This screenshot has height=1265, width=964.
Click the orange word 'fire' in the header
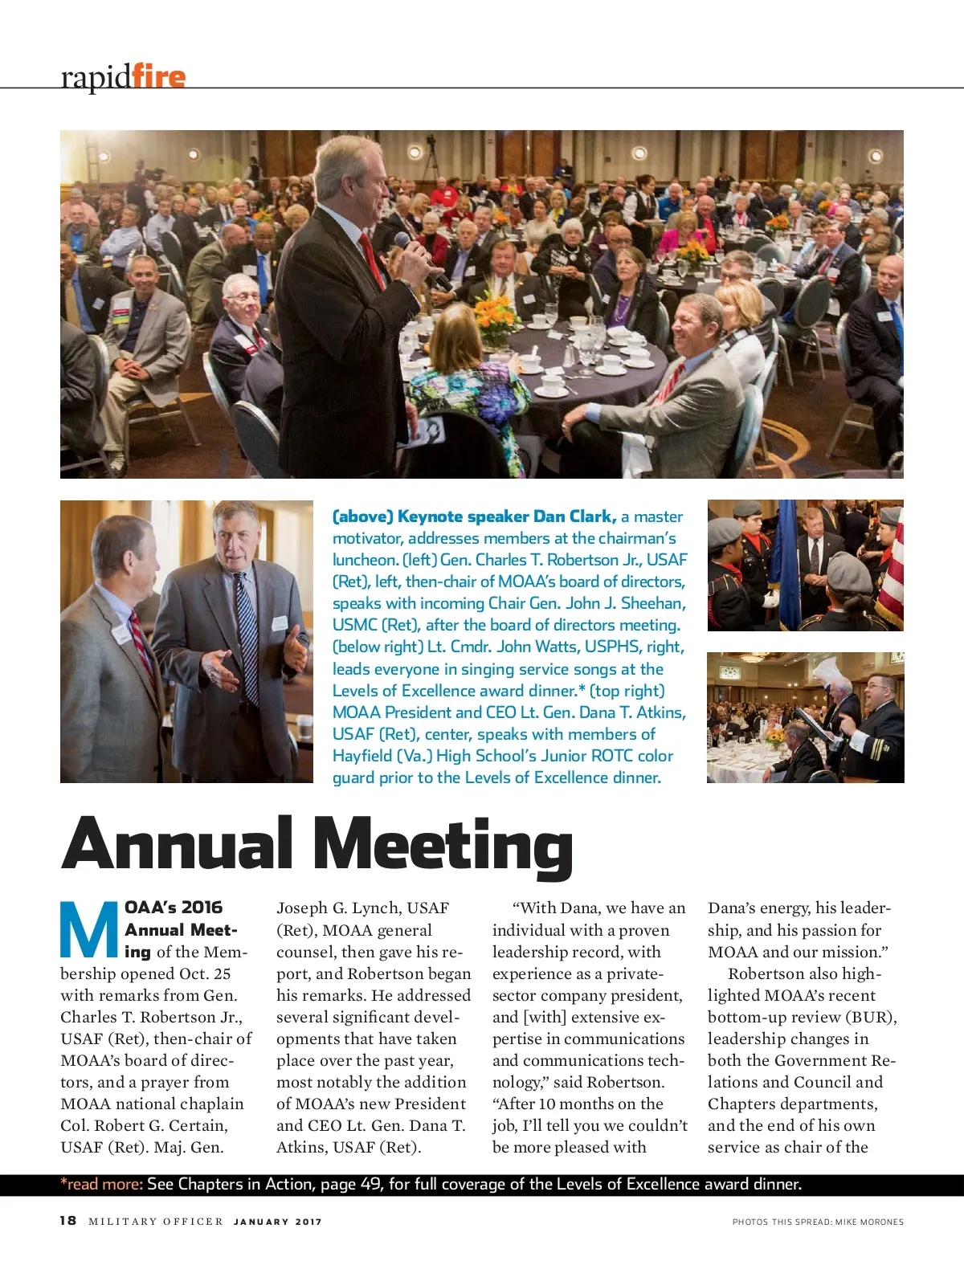(x=158, y=77)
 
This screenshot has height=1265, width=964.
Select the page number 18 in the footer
(x=68, y=1221)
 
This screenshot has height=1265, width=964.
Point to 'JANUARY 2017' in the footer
(x=277, y=1222)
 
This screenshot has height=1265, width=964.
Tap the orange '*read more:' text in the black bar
(x=102, y=1184)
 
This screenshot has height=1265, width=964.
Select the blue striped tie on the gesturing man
(x=247, y=635)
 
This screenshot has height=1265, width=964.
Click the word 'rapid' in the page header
(x=96, y=77)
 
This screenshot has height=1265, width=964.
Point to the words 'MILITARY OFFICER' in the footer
(x=156, y=1222)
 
